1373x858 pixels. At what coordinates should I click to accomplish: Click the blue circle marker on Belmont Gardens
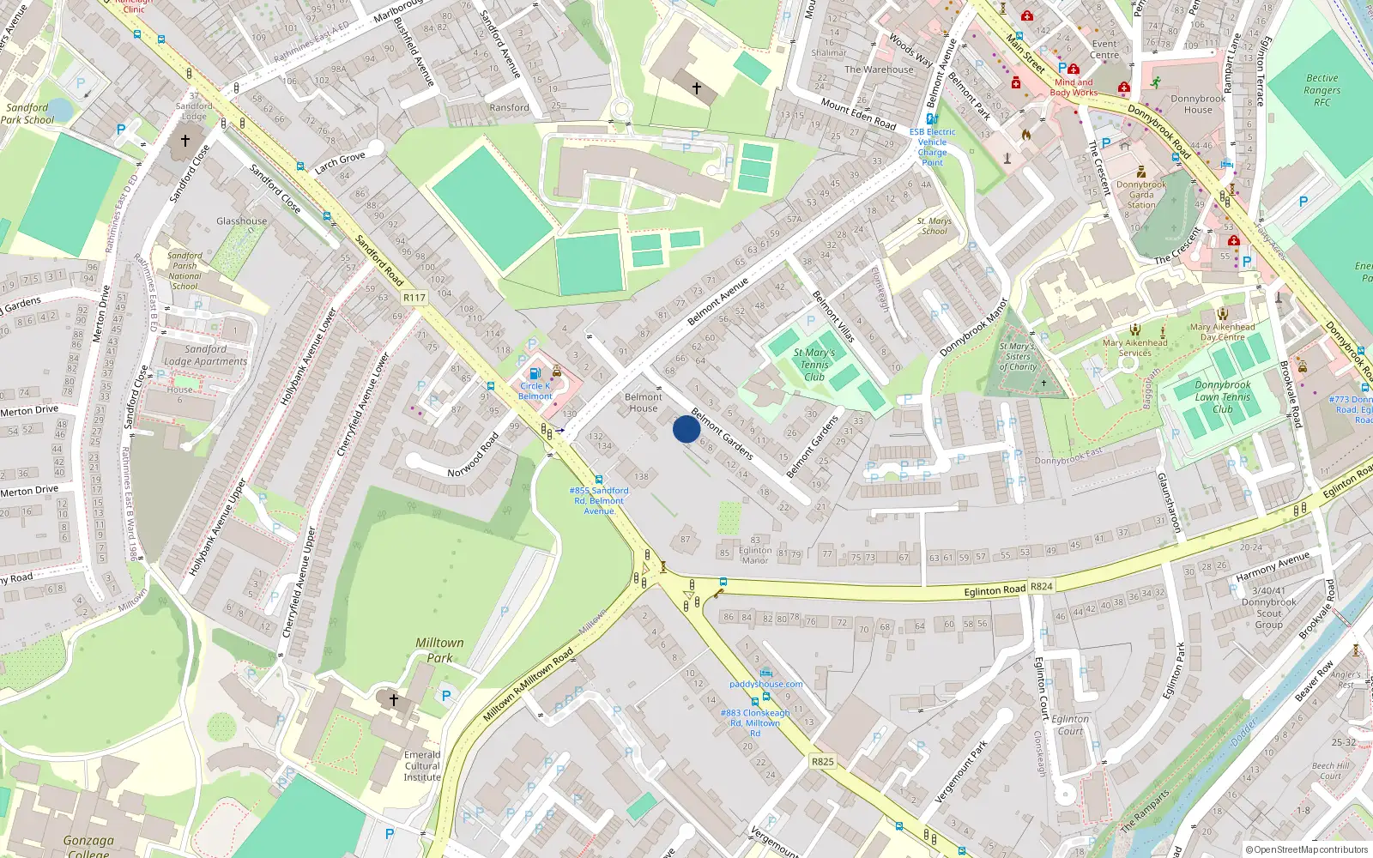pos(686,429)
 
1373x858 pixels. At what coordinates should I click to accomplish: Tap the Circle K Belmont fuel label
pos(535,391)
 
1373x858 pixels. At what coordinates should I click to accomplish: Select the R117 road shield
pos(414,298)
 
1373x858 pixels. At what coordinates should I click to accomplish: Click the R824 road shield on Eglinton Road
pos(1041,587)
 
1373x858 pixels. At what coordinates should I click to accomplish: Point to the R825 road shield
pos(822,761)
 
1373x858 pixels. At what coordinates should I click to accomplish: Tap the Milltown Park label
pos(439,650)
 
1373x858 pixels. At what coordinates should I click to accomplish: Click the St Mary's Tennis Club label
pos(814,365)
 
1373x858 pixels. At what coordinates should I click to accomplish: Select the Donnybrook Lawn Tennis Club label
pos(1223,397)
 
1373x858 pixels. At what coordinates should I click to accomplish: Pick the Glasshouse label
pos(241,221)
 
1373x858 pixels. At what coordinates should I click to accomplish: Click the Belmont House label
pos(644,402)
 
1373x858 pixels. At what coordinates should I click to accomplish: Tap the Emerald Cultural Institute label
pos(422,766)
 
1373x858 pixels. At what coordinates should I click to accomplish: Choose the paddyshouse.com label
pos(766,684)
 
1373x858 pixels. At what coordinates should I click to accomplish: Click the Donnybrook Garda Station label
pos(1141,195)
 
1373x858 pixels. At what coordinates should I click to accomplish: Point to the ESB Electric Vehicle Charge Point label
pos(933,147)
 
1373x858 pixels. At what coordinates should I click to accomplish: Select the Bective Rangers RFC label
pos(1322,90)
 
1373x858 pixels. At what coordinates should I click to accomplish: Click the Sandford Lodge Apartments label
pos(205,355)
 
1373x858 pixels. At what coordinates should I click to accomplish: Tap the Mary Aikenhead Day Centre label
pos(1222,332)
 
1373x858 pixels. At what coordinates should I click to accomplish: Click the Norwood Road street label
pos(474,456)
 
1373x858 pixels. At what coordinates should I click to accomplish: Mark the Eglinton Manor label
pos(754,555)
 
